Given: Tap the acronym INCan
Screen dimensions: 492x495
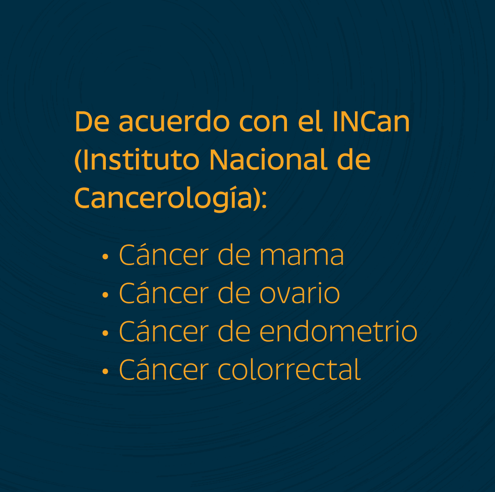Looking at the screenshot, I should point(371,122).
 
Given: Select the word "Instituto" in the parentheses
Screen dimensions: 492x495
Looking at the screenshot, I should point(140,160).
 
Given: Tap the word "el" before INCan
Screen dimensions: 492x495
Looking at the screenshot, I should point(310,122).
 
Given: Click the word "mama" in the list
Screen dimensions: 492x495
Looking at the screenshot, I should point(302,256).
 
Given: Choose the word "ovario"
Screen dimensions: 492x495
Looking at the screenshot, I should point(299,294).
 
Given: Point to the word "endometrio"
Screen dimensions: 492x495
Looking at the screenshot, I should point(338,332).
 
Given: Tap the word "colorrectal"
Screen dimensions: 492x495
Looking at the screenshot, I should point(289,369).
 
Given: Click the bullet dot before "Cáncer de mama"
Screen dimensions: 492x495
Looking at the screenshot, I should point(105,257).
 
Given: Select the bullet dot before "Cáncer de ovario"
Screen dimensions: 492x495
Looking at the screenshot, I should point(105,295).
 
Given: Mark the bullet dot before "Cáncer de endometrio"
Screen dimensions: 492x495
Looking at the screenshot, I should point(105,333).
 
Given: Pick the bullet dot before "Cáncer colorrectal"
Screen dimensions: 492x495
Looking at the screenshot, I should point(105,371).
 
